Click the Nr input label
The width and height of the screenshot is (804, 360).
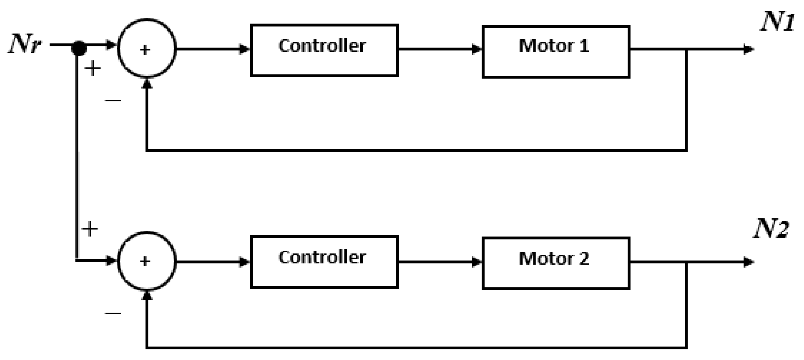point(24,44)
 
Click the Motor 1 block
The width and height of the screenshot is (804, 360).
point(556,51)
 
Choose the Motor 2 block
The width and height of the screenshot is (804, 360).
point(556,263)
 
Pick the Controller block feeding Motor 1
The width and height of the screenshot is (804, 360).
point(324,50)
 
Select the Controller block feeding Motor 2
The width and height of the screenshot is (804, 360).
point(324,262)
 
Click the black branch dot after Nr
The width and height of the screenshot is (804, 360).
point(79,48)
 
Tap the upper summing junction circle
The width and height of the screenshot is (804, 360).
point(147,48)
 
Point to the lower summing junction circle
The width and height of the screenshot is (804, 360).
point(147,261)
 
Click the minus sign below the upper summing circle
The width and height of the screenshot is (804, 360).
point(113,100)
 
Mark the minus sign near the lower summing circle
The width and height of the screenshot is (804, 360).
point(113,313)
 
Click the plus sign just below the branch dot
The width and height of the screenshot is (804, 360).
point(93,68)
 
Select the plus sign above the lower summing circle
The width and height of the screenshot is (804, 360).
point(90,229)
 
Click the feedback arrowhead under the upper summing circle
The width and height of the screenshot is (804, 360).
point(147,84)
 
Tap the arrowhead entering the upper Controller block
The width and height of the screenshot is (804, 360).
point(244,49)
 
